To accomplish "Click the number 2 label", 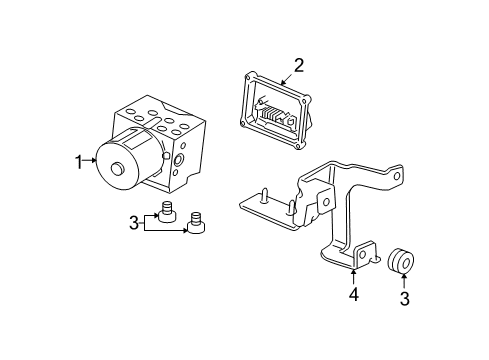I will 298,68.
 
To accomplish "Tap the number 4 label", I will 353,296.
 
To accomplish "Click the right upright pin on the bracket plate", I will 289,209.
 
